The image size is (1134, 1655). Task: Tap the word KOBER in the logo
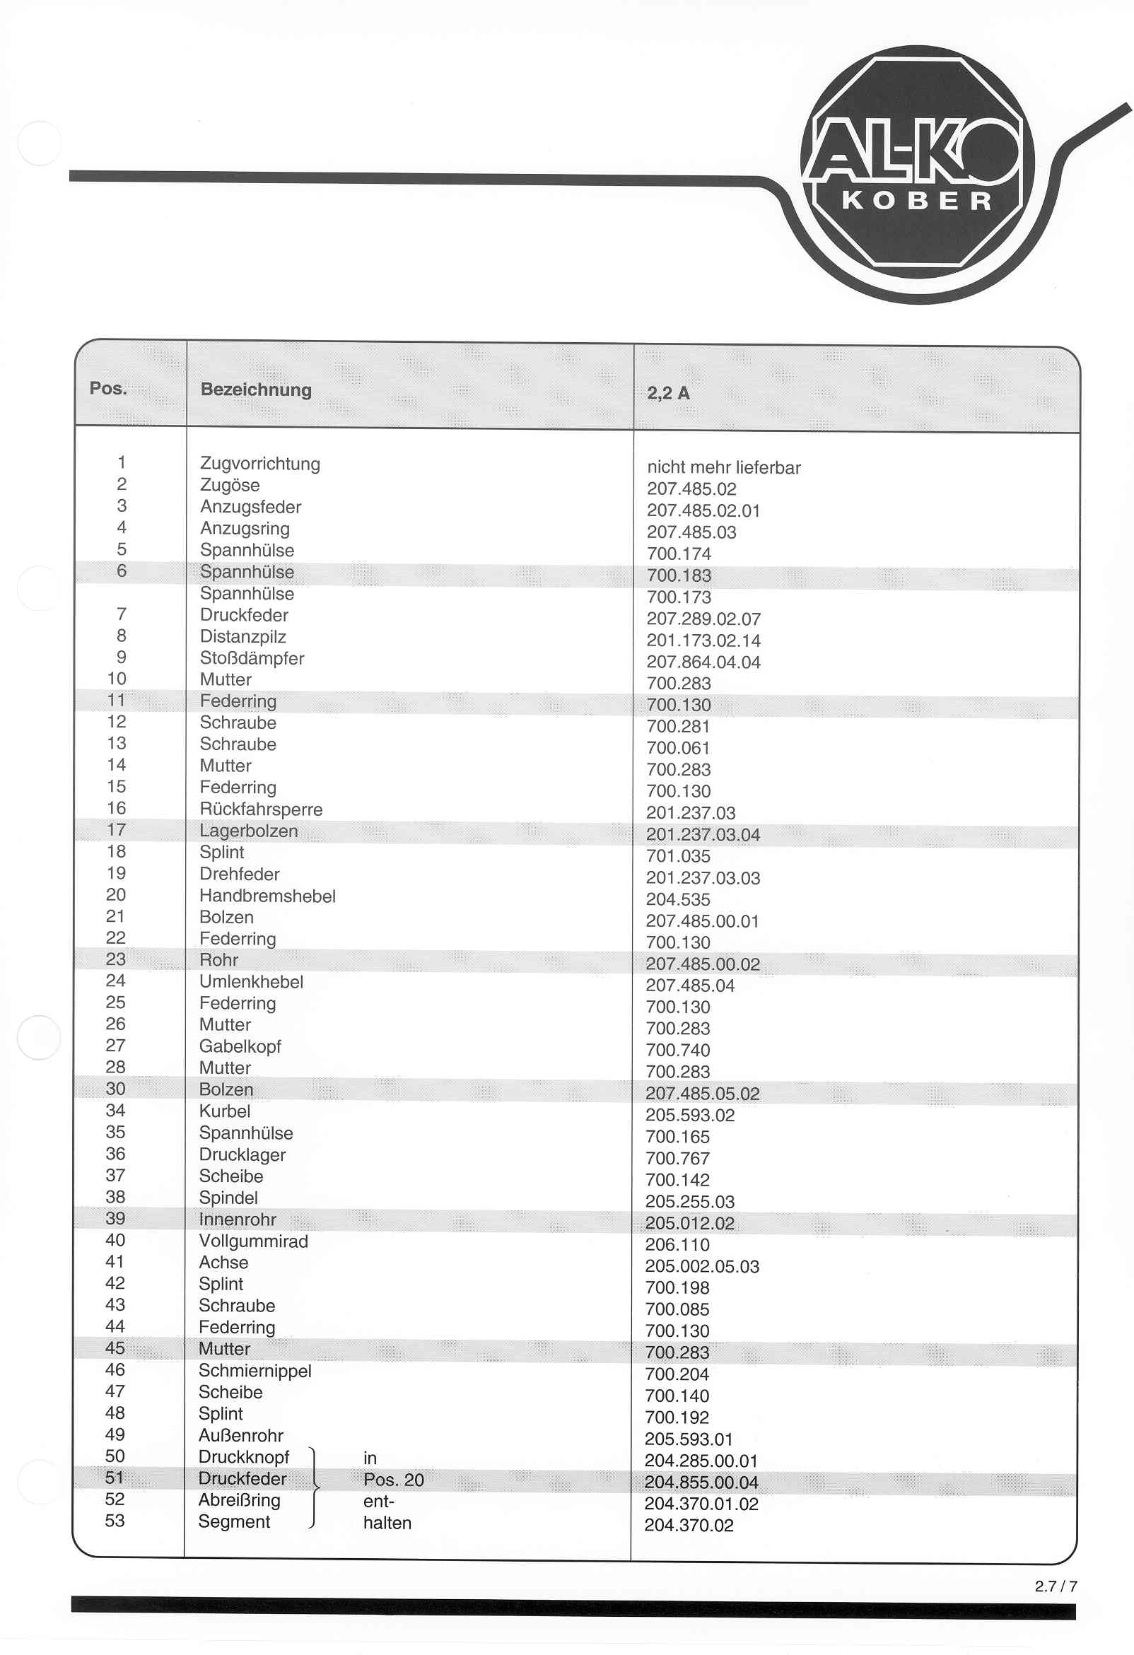tap(918, 201)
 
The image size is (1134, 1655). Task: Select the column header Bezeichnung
tap(256, 390)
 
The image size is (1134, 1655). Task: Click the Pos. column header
tap(108, 388)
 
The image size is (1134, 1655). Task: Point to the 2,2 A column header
tap(667, 393)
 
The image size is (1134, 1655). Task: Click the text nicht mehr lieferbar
tap(724, 468)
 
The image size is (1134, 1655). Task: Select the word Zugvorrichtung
tap(260, 464)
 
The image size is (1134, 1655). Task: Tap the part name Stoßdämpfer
tap(252, 658)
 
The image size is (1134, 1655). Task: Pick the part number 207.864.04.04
tap(703, 662)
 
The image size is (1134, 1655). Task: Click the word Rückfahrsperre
tap(261, 809)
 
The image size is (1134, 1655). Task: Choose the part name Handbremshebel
tap(267, 896)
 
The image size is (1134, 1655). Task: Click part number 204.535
tap(677, 899)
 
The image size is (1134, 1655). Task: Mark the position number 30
tap(115, 1089)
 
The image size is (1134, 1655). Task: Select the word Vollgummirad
tap(254, 1241)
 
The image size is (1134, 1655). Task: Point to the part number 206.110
tap(677, 1245)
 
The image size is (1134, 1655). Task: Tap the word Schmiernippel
tap(255, 1371)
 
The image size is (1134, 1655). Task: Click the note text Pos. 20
tap(393, 1480)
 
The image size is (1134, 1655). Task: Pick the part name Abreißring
tap(240, 1499)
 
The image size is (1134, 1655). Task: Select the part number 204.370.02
tap(689, 1526)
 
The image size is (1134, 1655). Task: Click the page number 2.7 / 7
tap(1056, 1586)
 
